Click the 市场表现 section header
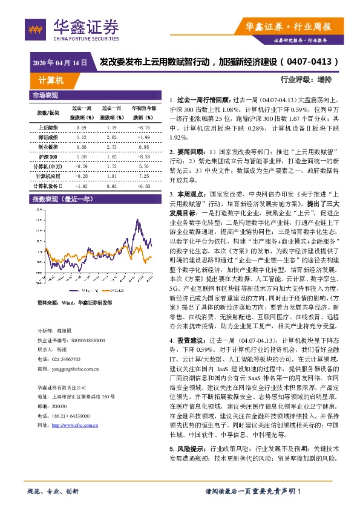click(x=45, y=96)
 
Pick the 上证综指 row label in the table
click(x=48, y=128)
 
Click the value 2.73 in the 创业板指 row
click(x=111, y=146)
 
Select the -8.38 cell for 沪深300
click(x=143, y=155)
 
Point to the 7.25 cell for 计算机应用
click(x=143, y=175)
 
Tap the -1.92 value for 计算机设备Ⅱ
click(x=81, y=186)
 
